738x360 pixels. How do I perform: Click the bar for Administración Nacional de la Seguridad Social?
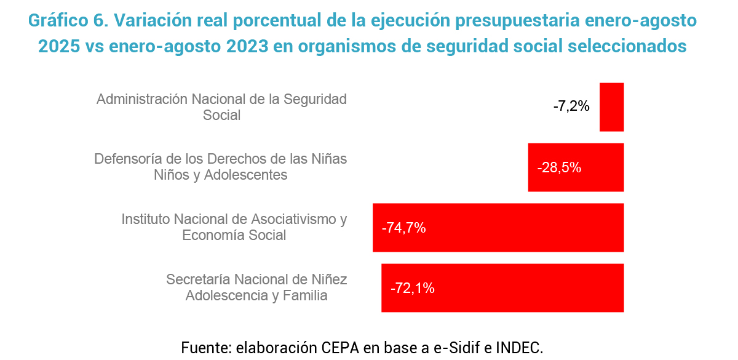point(611,107)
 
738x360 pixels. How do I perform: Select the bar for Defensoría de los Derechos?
point(590,167)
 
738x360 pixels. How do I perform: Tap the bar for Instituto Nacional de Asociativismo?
point(523,228)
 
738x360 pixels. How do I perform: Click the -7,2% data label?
point(571,106)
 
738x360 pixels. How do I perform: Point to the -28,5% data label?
point(559,167)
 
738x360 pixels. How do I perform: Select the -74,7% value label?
point(404,228)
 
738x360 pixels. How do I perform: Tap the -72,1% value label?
point(413,288)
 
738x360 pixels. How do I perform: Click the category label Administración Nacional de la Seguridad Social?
point(222,106)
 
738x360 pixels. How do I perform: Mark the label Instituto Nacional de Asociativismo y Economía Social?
point(234,227)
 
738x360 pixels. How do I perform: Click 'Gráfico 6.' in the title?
point(67,20)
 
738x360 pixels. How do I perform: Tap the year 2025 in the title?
point(56,46)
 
